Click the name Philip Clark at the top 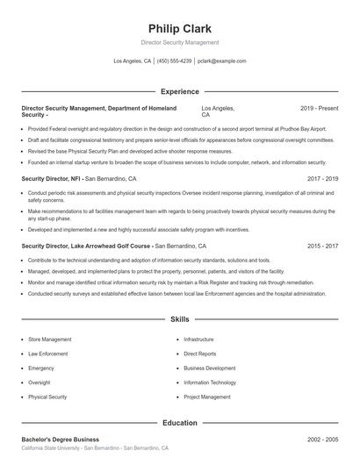(180, 28)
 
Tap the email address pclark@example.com (221, 61)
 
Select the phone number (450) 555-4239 (174, 61)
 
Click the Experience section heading (180, 91)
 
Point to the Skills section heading (180, 320)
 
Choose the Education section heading (180, 423)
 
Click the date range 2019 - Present (319, 108)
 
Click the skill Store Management (50, 339)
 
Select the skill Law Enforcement (48, 354)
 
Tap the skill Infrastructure (198, 339)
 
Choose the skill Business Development (210, 368)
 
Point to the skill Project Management (206, 397)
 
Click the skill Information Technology (210, 383)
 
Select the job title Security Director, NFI (51, 178)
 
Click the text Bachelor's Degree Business (60, 439)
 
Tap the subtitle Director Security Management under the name (180, 42)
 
